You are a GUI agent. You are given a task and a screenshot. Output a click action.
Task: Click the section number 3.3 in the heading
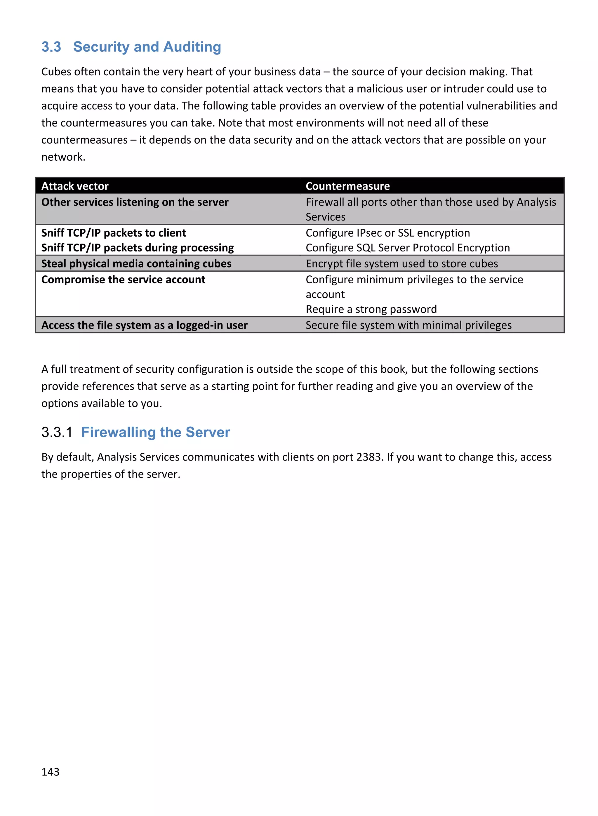[51, 47]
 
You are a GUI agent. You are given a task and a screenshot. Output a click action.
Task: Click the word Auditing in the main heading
[192, 47]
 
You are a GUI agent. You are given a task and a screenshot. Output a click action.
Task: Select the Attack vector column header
[75, 186]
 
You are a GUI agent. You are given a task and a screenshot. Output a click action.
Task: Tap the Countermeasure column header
[347, 186]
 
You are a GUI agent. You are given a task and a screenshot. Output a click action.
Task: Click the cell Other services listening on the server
[135, 202]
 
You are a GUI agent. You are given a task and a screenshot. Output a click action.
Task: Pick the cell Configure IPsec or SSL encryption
[388, 233]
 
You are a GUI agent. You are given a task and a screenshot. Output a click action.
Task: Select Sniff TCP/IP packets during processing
[137, 248]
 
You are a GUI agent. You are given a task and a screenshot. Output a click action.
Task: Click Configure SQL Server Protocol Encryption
[408, 248]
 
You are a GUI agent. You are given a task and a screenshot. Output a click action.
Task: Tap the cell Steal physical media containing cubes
[136, 263]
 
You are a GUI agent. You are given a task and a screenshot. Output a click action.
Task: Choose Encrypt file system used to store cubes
[401, 263]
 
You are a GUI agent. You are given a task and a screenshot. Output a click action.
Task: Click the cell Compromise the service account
[123, 279]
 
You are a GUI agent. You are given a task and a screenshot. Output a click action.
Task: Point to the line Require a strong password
[371, 309]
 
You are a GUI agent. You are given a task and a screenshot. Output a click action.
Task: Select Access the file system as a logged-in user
[145, 325]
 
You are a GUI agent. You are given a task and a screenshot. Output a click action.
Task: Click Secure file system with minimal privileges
[408, 325]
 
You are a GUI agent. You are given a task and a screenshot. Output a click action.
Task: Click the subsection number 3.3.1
[57, 432]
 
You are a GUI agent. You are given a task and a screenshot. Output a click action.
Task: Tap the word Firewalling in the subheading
[118, 432]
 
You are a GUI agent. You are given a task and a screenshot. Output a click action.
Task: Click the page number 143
[50, 772]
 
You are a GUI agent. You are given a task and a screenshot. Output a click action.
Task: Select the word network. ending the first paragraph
[63, 157]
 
